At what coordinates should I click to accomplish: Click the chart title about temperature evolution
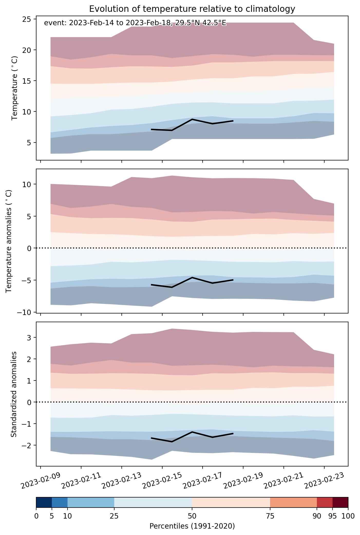[x=192, y=9]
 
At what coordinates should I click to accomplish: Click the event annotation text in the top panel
[x=135, y=23]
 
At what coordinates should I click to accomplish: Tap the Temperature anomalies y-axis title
[x=9, y=241]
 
